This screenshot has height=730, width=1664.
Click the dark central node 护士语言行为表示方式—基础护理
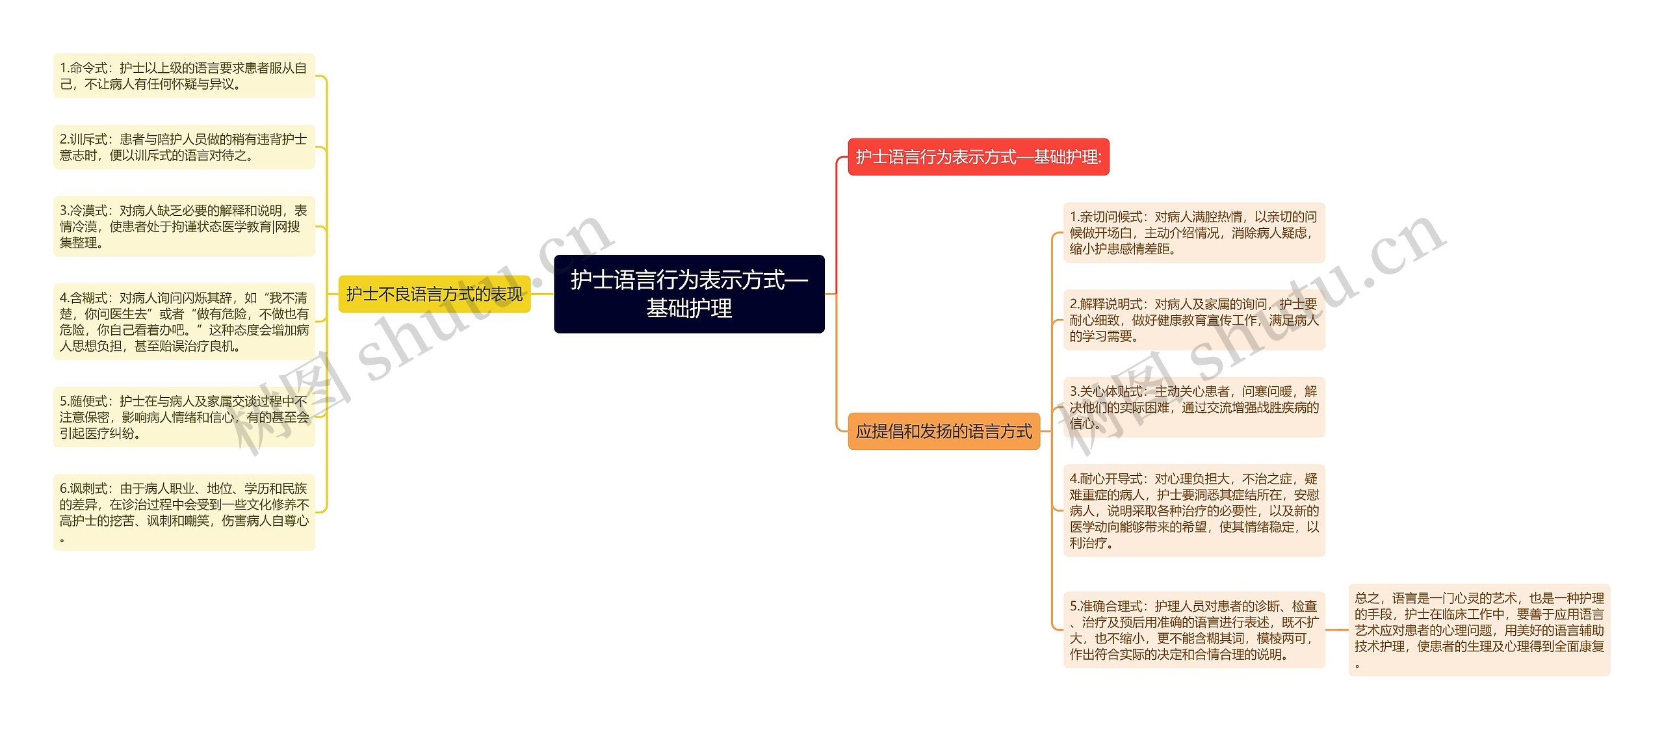pyautogui.click(x=689, y=294)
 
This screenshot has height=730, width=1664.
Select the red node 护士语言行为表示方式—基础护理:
pyautogui.click(x=978, y=157)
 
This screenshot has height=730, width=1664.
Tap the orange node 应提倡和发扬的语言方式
pyautogui.click(x=944, y=431)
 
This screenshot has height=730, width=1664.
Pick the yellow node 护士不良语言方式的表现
pyautogui.click(x=434, y=294)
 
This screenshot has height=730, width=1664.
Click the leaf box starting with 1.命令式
pyautogui.click(x=184, y=76)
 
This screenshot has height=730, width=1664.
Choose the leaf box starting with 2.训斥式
pyautogui.click(x=184, y=147)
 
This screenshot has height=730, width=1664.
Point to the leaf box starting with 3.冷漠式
pyautogui.click(x=184, y=226)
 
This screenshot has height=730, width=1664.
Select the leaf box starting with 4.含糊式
pyautogui.click(x=184, y=322)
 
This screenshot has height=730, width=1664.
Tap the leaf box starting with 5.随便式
pyautogui.click(x=184, y=417)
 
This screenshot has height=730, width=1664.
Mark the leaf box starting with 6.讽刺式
pyautogui.click(x=184, y=512)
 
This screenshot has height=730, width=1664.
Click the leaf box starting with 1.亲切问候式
pyautogui.click(x=1194, y=233)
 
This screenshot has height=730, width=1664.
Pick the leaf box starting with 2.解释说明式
pyautogui.click(x=1194, y=320)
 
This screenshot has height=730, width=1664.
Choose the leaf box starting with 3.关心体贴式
pyautogui.click(x=1194, y=407)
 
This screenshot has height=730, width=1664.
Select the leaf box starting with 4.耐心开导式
pyautogui.click(x=1194, y=510)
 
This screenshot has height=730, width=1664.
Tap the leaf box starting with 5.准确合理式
pyautogui.click(x=1194, y=630)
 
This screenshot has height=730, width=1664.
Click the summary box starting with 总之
pyautogui.click(x=1479, y=630)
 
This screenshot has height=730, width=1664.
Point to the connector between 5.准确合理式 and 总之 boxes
pyautogui.click(x=1336, y=630)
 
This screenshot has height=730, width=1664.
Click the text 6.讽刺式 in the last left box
pyautogui.click(x=84, y=489)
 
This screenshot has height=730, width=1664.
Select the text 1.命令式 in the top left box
pyautogui.click(x=84, y=68)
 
